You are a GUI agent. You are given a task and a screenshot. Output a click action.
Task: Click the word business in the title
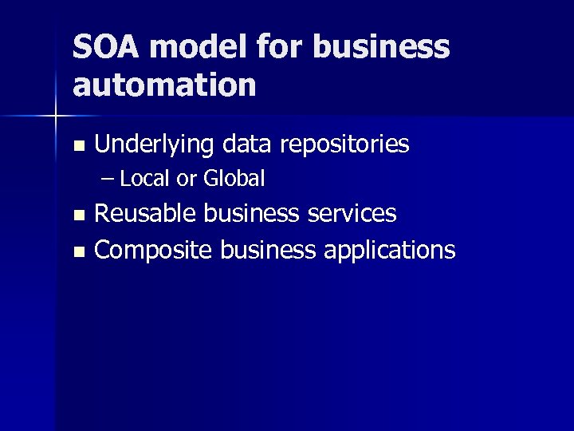pyautogui.click(x=381, y=47)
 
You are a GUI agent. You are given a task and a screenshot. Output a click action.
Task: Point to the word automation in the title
pyautogui.click(x=164, y=85)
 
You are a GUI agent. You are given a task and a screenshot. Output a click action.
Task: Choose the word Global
pyautogui.click(x=234, y=179)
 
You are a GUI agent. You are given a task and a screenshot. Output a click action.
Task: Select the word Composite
pyautogui.click(x=153, y=250)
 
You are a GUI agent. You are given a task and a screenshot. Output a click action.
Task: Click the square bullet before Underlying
pyautogui.click(x=77, y=146)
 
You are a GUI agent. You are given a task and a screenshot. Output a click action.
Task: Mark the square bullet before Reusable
pyautogui.click(x=77, y=215)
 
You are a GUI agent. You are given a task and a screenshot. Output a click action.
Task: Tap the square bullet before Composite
pyautogui.click(x=77, y=251)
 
